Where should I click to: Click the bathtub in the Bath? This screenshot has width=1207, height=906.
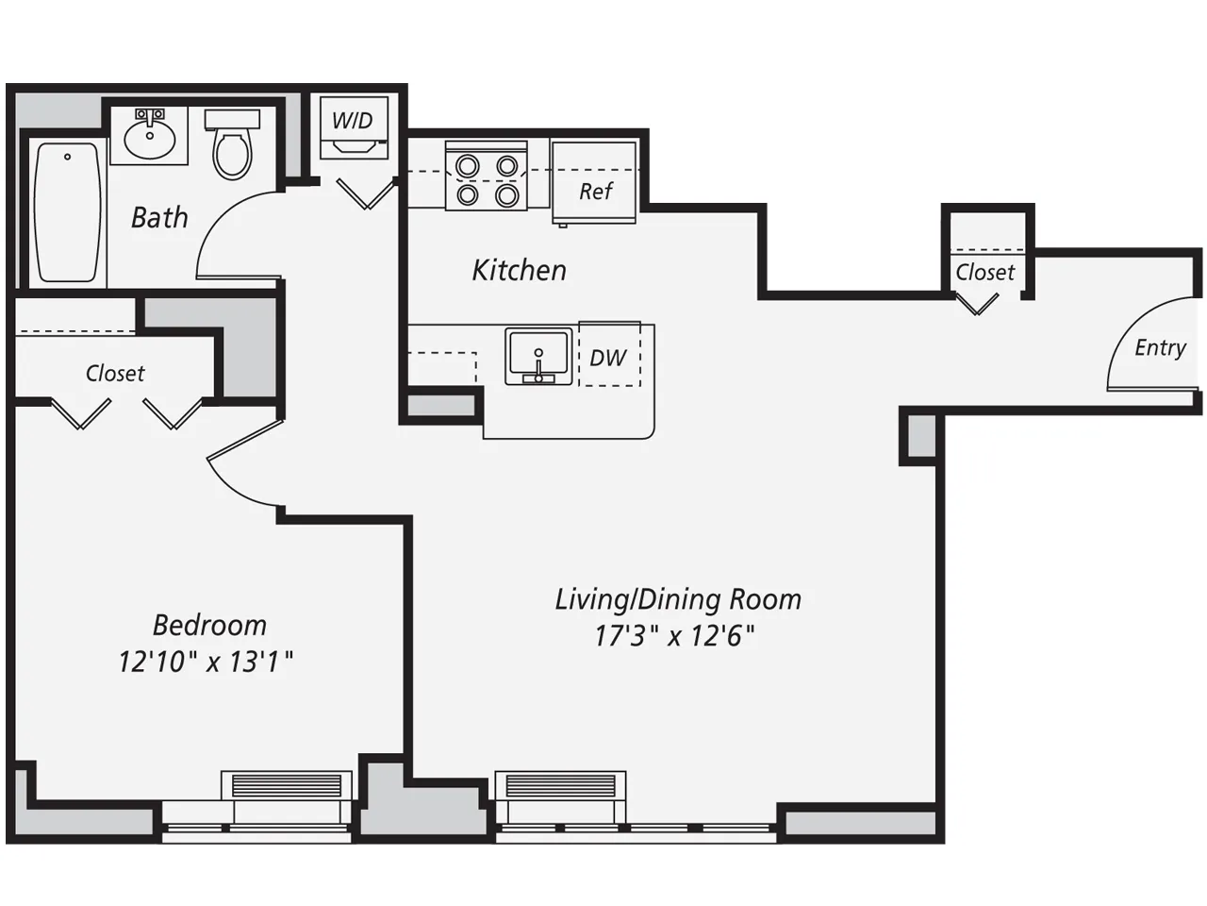67,211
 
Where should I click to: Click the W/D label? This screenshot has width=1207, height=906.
352,121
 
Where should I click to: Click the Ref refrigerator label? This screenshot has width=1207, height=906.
595,192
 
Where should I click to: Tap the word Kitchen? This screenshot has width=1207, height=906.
519,271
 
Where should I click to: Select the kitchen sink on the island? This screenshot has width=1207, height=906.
537,356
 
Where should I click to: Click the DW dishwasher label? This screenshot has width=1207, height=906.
608,358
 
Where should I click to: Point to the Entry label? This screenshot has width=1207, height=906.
1160,348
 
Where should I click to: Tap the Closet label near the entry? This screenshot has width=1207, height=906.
984,273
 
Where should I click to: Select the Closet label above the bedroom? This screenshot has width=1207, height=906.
115,374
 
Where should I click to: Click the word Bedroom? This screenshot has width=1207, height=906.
209,625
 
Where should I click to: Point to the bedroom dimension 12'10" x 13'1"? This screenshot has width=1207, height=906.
206,662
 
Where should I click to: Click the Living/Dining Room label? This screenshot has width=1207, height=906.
677,599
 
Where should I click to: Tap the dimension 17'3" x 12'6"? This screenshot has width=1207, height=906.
674,636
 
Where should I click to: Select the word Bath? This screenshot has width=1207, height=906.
159,218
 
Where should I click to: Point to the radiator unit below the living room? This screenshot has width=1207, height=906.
561,785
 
